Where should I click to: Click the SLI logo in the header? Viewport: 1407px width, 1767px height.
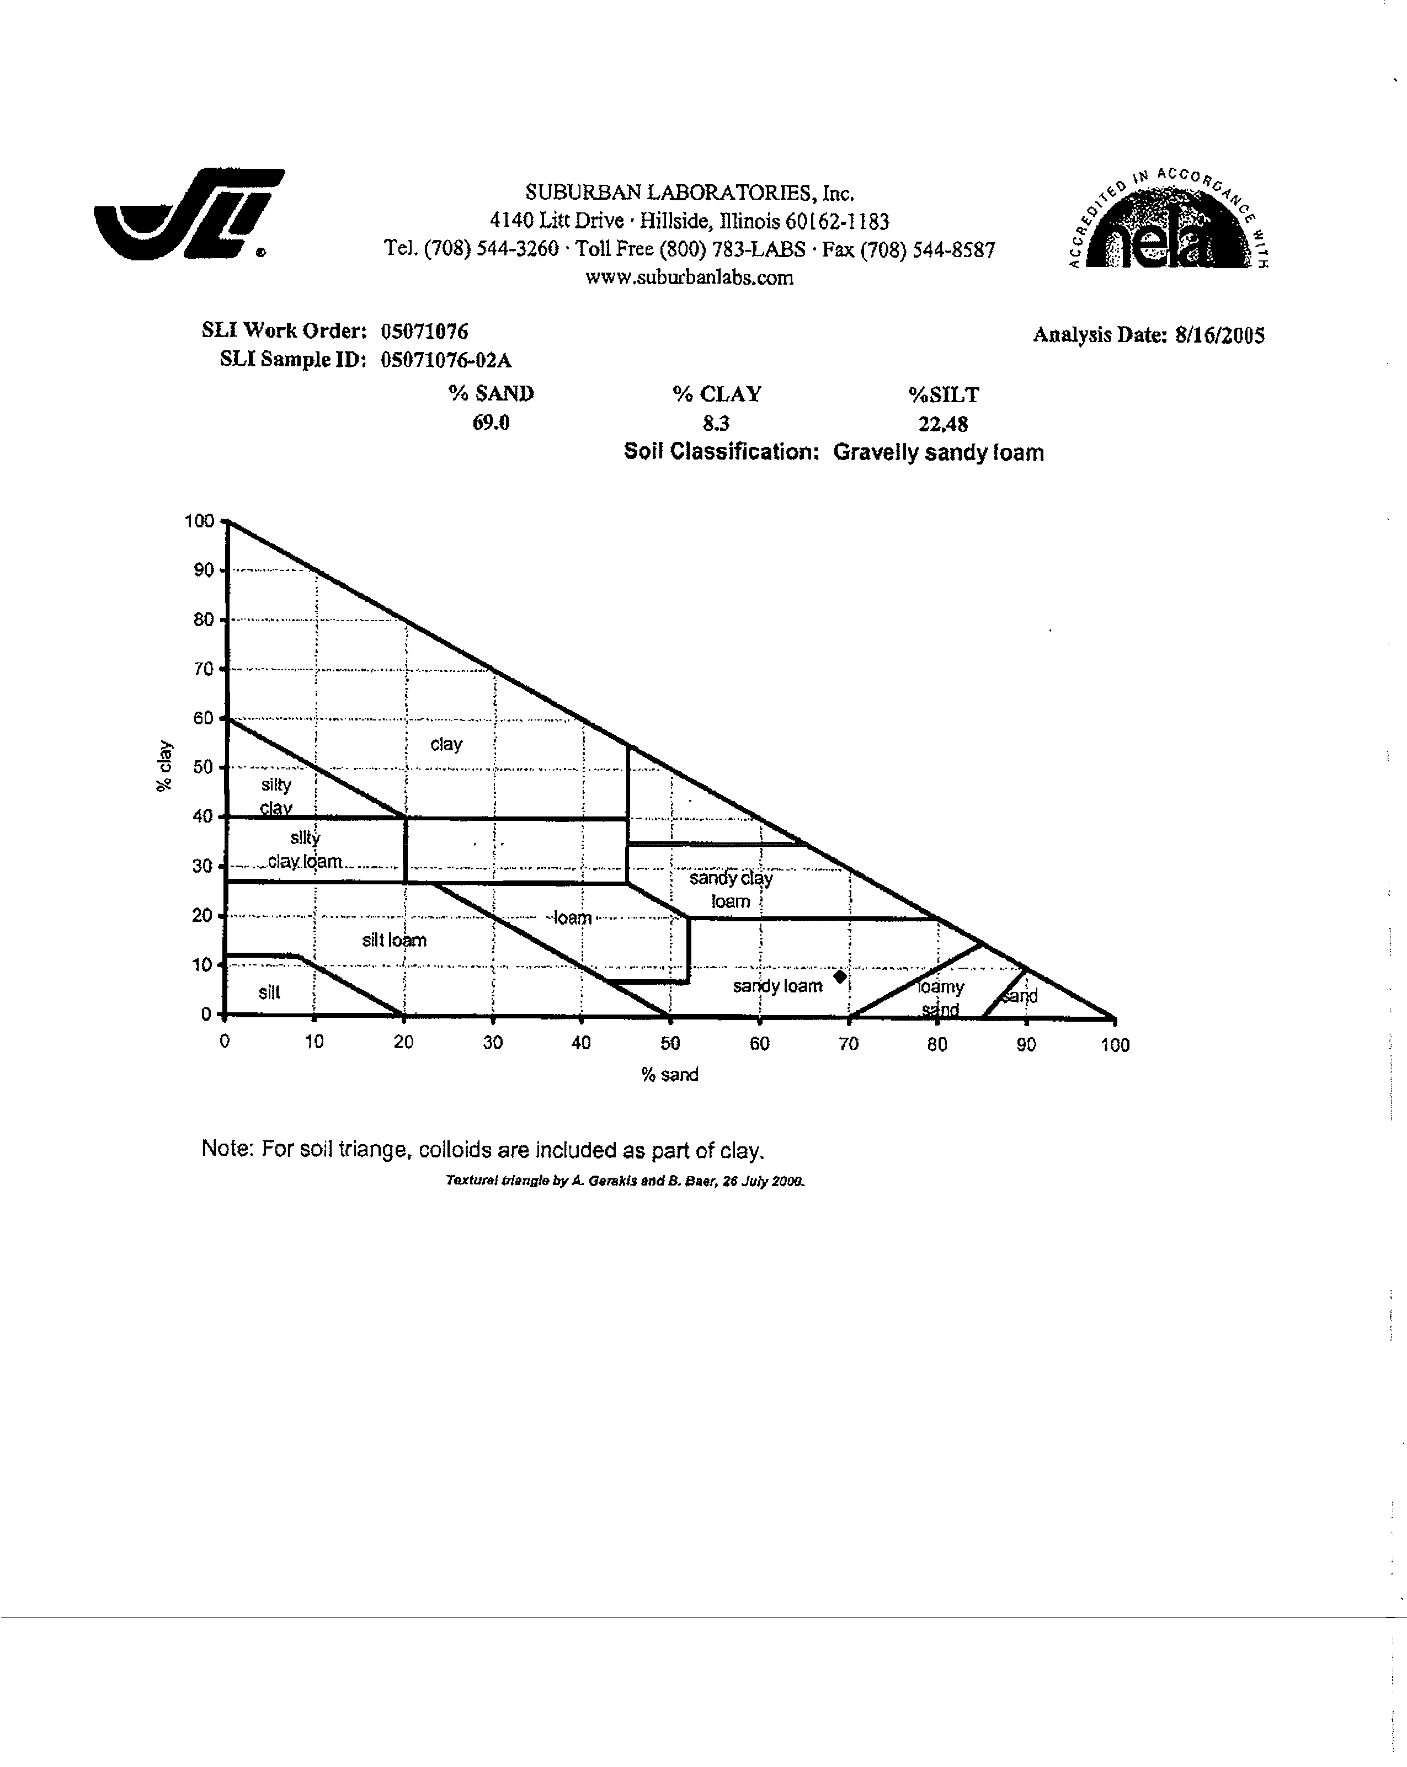tap(190, 214)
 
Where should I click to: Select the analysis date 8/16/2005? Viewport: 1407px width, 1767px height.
tap(1220, 335)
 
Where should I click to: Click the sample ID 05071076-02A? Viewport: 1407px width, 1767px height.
tap(446, 360)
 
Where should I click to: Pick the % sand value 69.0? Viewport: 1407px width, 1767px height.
tap(491, 423)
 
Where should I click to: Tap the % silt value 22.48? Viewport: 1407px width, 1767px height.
tap(943, 424)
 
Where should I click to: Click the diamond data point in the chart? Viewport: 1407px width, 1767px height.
tap(840, 976)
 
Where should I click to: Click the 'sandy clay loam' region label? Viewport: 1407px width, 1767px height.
tap(731, 890)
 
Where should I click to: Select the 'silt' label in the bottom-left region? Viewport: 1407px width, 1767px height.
tap(269, 992)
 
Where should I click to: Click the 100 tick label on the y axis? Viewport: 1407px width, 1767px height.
tap(199, 520)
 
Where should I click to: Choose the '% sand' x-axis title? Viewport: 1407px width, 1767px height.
tap(670, 1075)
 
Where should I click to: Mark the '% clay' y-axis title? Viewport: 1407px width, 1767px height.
tap(164, 766)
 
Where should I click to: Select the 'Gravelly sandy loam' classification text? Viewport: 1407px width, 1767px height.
tap(939, 453)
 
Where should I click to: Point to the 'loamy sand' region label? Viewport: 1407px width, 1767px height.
tap(940, 998)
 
